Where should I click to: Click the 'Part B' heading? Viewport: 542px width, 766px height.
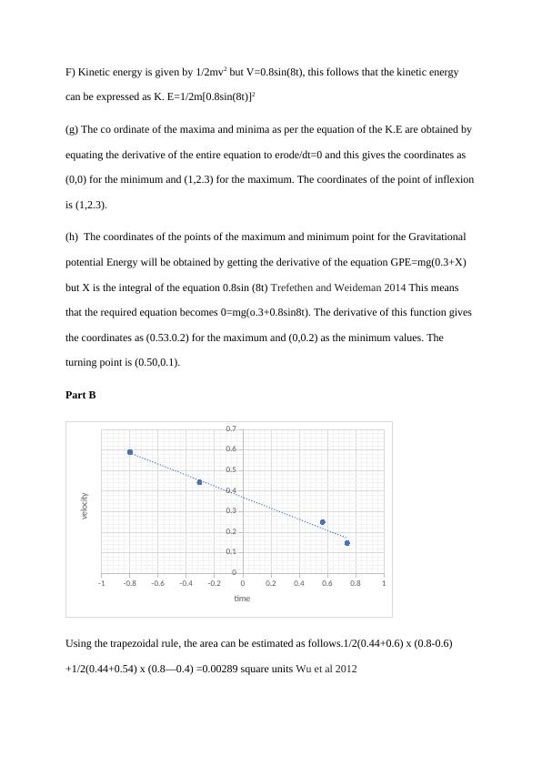(x=81, y=395)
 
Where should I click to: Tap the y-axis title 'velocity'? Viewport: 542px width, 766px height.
(x=84, y=505)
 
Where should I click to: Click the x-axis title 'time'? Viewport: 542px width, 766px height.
(x=242, y=598)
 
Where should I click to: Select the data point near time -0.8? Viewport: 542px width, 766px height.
(x=130, y=452)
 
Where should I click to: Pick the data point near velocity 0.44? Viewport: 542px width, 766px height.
(x=199, y=481)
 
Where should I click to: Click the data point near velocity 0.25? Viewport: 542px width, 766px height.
(x=323, y=522)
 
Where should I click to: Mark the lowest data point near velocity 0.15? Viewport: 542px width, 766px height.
(x=346, y=543)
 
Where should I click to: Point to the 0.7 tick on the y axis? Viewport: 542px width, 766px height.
(x=231, y=428)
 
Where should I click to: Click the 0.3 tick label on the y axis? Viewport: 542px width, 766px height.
(x=231, y=510)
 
